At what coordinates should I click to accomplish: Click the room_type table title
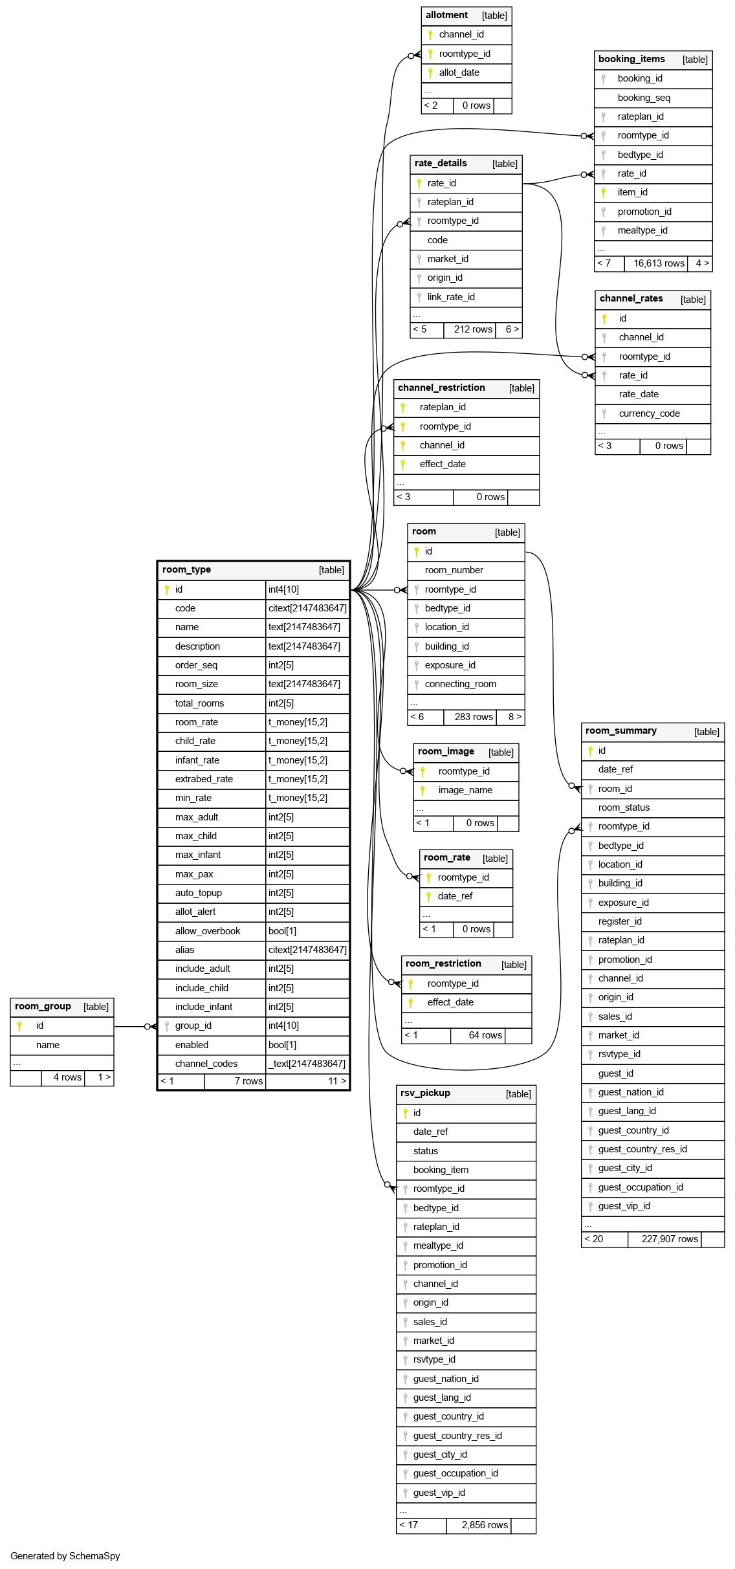[186, 569]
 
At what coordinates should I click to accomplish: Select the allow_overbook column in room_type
[207, 931]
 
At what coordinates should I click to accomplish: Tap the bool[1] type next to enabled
[282, 1045]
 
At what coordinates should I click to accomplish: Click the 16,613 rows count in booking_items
[659, 263]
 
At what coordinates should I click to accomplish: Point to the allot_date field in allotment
[459, 72]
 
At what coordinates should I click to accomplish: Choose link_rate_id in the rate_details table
[451, 297]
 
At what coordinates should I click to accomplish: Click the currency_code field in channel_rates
[649, 413]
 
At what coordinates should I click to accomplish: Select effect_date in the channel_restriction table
[443, 464]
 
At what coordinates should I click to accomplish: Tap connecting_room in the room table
[460, 684]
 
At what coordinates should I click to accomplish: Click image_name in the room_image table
[465, 790]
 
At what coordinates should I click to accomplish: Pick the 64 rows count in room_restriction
[485, 1035]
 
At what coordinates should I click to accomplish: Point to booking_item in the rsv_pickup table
[441, 1170]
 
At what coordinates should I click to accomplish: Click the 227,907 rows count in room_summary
[670, 1239]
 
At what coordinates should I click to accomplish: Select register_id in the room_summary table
[620, 921]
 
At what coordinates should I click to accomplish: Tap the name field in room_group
[48, 1045]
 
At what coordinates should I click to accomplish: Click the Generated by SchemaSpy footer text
[65, 1556]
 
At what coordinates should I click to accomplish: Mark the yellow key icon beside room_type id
[167, 589]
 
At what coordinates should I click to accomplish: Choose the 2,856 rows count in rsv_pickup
[485, 1525]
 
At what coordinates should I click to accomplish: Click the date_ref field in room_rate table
[455, 896]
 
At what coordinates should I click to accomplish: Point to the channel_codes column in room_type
[206, 1064]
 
